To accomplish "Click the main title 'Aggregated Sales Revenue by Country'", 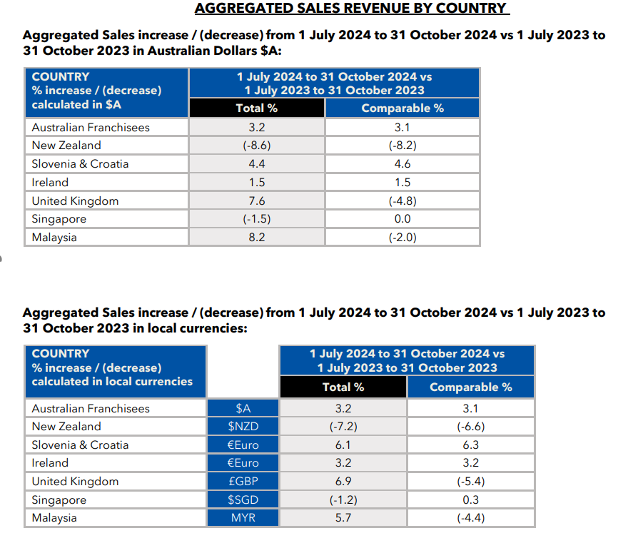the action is tap(352, 8).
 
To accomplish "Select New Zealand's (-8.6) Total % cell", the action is tap(257, 146).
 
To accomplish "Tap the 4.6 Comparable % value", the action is tap(402, 163).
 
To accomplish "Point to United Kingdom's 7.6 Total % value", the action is tap(257, 201).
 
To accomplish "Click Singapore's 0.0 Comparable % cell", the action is tap(402, 219).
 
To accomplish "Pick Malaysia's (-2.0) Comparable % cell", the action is tap(402, 238).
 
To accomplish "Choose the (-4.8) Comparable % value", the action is tap(402, 201).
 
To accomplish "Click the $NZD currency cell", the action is tap(243, 426).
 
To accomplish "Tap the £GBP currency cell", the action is tap(243, 481).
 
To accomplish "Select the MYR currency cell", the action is tap(243, 517).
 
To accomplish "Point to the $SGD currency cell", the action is tap(243, 499).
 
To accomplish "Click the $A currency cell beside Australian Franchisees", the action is tap(243, 408).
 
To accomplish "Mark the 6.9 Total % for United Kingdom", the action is tap(343, 481).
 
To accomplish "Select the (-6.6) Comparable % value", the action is tap(471, 426).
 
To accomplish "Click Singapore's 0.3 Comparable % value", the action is tap(471, 499).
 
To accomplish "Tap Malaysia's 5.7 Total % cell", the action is tap(343, 517).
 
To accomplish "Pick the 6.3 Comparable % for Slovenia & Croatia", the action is tap(471, 445).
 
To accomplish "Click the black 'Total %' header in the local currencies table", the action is tap(343, 387).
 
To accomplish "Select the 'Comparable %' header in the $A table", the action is tap(402, 108).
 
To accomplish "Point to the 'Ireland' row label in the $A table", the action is tap(50, 183).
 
